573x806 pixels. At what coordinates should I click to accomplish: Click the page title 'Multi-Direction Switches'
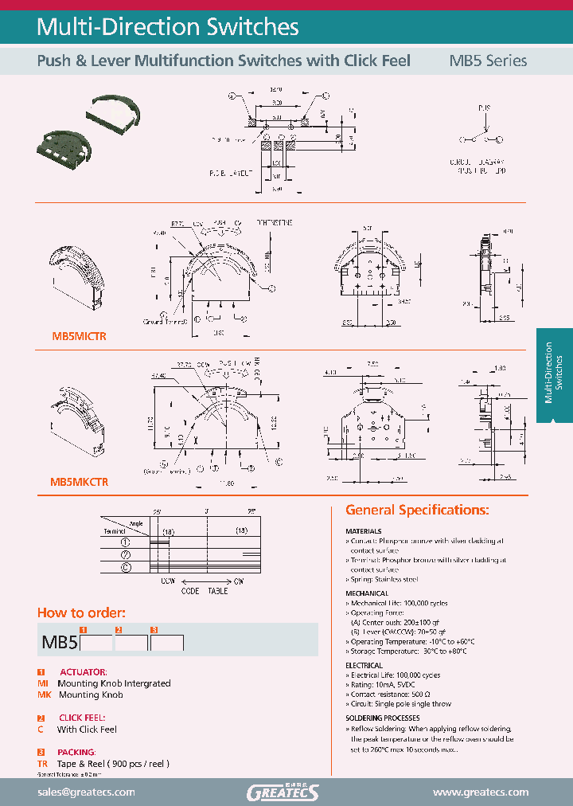[168, 27]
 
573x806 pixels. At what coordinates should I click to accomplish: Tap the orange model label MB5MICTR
[79, 337]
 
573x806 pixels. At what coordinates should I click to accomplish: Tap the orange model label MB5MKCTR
[79, 482]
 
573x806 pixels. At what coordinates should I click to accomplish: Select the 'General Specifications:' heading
[417, 510]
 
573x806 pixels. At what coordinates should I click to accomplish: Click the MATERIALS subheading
[364, 531]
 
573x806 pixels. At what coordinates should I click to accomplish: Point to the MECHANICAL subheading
[367, 593]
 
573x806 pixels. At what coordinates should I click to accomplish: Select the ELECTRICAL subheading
[364, 665]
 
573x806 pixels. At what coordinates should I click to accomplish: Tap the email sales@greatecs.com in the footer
[86, 792]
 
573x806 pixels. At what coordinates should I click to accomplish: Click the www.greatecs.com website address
[480, 792]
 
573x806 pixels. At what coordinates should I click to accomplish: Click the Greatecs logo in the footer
[283, 792]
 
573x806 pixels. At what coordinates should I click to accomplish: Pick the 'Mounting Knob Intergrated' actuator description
[114, 683]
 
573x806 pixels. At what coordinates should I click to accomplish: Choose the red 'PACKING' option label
[77, 752]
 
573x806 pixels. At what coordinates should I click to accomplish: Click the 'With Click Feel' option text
[87, 730]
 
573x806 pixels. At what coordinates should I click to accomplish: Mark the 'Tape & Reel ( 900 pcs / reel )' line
[113, 764]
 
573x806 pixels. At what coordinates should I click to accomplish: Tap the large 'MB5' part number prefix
[59, 642]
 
